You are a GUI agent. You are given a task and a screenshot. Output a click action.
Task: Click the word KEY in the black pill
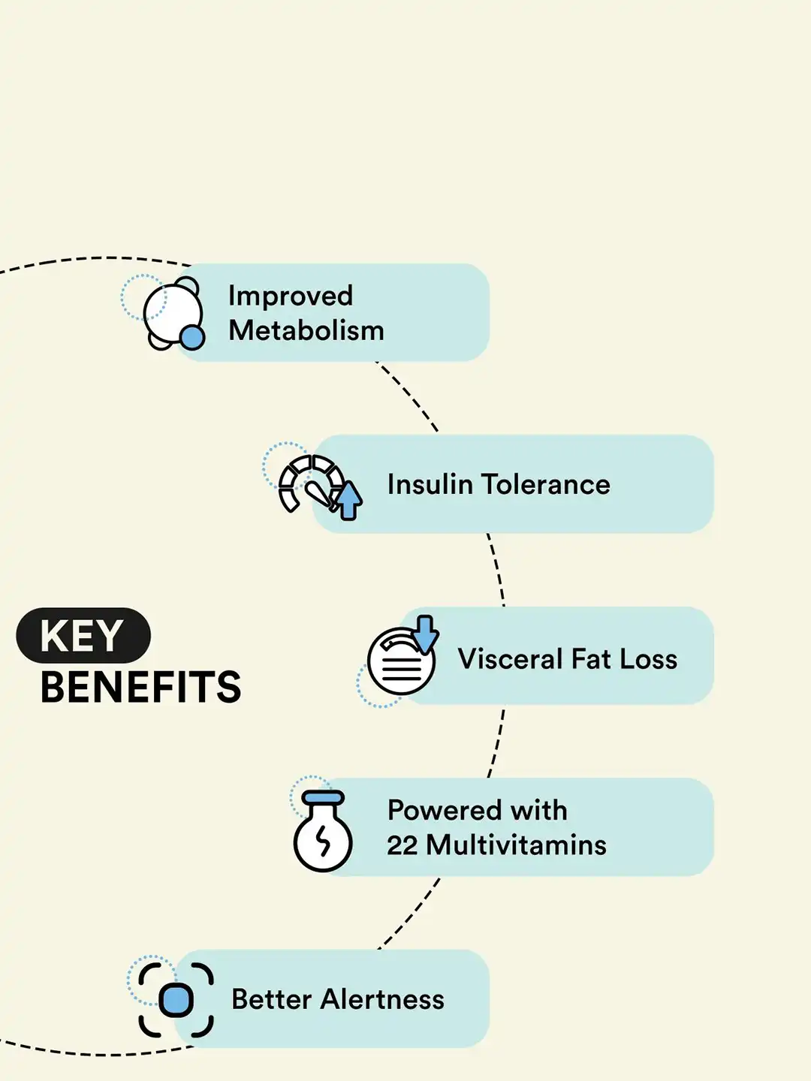pyautogui.click(x=81, y=635)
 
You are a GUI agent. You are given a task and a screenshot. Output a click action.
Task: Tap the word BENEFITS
pyautogui.click(x=141, y=687)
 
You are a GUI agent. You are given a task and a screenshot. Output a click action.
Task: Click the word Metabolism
pyautogui.click(x=306, y=330)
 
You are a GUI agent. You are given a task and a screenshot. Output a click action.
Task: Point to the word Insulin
pyautogui.click(x=430, y=484)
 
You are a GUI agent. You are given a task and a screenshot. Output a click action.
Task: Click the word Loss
pyautogui.click(x=649, y=658)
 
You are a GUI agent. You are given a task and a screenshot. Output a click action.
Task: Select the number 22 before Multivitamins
pyautogui.click(x=402, y=845)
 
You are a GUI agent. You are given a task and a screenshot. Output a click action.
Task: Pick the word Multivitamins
pyautogui.click(x=516, y=845)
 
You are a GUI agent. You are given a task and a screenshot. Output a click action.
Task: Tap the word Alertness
pyautogui.click(x=382, y=999)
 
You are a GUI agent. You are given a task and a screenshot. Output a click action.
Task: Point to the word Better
pyautogui.click(x=271, y=999)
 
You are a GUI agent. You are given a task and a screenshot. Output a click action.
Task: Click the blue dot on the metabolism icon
pyautogui.click(x=191, y=337)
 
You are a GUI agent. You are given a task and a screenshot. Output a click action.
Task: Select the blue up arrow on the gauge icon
pyautogui.click(x=348, y=501)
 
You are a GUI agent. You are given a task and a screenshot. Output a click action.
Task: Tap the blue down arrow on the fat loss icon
pyautogui.click(x=425, y=634)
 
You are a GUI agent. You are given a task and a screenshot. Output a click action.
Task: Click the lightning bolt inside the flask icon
pyautogui.click(x=324, y=840)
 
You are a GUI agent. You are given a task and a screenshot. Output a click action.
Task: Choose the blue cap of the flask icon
pyautogui.click(x=323, y=797)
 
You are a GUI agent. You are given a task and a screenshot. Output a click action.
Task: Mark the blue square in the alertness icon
pyautogui.click(x=176, y=1000)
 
